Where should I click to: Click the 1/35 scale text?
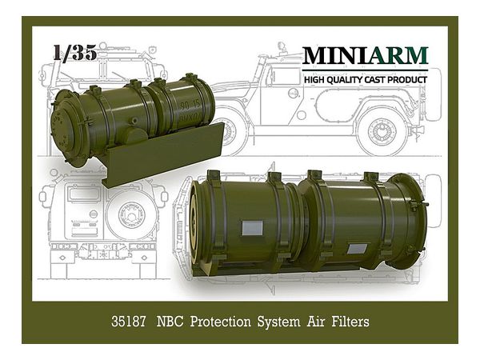click(x=74, y=53)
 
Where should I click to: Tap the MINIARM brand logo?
click(x=365, y=56)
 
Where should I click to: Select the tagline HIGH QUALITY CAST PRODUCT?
click(x=365, y=78)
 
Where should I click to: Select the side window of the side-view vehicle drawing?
click(x=285, y=76)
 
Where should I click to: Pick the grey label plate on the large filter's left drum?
click(x=252, y=228)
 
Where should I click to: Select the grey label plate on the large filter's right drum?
click(x=358, y=249)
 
